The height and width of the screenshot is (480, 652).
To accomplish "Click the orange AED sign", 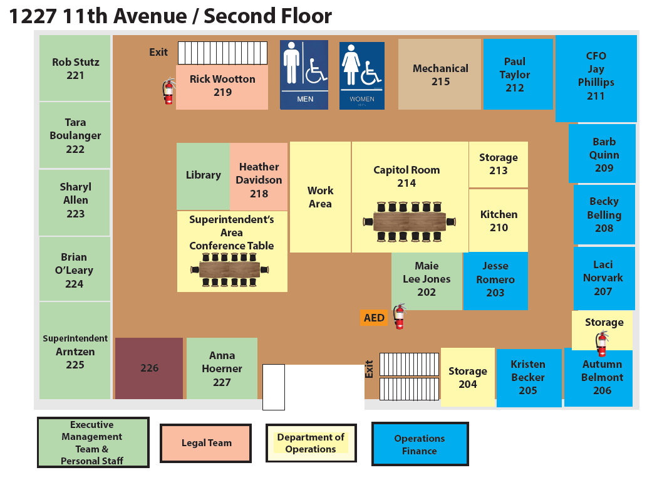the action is tap(374, 318).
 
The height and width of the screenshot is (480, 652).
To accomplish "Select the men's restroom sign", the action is tap(304, 75).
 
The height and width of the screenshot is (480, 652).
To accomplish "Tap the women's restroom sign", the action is tap(362, 76).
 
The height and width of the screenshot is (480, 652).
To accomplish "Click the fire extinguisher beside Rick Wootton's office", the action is tap(168, 91).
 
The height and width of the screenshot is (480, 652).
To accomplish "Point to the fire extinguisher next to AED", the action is tap(400, 316).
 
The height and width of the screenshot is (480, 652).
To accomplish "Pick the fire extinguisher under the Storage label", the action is tap(602, 343).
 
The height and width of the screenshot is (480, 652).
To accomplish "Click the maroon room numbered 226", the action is tap(149, 368).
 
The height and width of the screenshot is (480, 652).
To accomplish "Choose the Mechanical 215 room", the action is tap(440, 75).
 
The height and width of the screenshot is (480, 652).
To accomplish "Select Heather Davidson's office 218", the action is tap(259, 176).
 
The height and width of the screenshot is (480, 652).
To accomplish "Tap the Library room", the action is tap(204, 176).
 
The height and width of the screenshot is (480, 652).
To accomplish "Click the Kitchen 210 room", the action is tap(499, 221).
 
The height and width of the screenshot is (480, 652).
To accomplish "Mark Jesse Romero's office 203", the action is tap(495, 281).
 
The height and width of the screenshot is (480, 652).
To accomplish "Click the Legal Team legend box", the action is tap(206, 443).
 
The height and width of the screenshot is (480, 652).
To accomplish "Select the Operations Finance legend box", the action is tap(420, 444).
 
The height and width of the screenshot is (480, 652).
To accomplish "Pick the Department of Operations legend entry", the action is tap(311, 443).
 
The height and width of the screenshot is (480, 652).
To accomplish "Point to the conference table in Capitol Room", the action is tap(409, 222).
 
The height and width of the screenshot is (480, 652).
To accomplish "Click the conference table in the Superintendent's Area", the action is tap(229, 269).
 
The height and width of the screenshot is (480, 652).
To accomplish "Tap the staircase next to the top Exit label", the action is tap(222, 53).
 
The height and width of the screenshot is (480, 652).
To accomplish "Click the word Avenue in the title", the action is tap(150, 16).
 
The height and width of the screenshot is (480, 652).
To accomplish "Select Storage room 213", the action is tap(499, 164).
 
